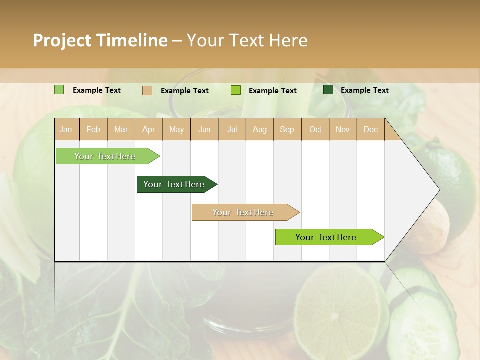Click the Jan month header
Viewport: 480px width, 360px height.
coord(66,130)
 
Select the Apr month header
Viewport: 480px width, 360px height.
coord(149,130)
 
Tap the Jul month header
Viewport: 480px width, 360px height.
coord(232,130)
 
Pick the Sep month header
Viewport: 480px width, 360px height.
coord(287,130)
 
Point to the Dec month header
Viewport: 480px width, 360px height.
coord(370,130)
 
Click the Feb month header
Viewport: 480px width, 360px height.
coord(93,130)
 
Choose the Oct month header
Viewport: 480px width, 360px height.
coord(315,130)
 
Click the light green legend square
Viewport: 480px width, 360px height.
coord(59,90)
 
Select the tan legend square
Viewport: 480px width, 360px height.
coord(147,90)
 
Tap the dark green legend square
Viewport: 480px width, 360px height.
coord(328,90)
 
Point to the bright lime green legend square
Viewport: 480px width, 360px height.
coord(236,90)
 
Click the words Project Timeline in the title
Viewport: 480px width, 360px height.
coord(100,40)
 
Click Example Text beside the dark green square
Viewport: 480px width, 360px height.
coord(364,90)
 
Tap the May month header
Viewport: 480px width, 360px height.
coord(176,130)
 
